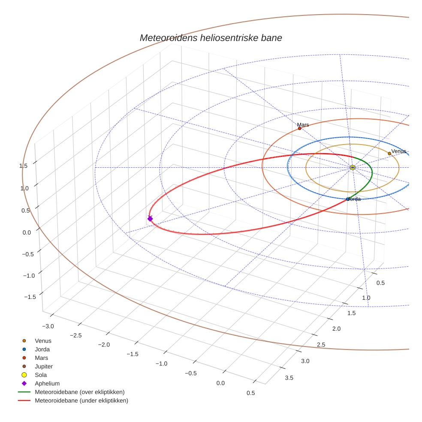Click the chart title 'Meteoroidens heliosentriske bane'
211,38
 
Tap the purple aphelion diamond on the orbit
150,219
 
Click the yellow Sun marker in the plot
353,167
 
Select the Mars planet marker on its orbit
299,129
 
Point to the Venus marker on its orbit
389,154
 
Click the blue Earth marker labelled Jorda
348,199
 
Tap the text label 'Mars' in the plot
303,125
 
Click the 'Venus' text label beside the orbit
399,151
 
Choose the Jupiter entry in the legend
43,366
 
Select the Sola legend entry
41,375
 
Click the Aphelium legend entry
47,383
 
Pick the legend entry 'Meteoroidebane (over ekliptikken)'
79,392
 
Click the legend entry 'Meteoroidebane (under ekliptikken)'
81,401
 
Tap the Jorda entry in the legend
42,349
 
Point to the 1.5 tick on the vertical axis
24,166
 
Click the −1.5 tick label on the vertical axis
30,297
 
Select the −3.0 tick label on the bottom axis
48,326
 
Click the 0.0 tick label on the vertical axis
27,232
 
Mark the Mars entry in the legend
41,358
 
